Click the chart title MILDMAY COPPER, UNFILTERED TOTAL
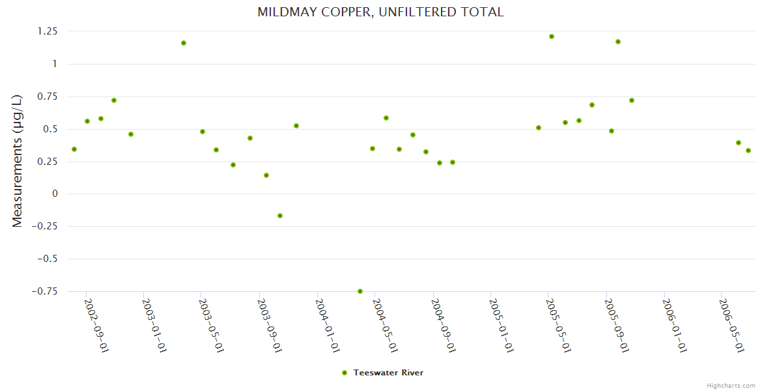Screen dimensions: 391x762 coord(380,12)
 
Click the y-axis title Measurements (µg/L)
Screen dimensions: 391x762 coord(18,160)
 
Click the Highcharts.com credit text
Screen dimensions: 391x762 coord(731,385)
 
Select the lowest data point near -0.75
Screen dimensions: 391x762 coord(360,291)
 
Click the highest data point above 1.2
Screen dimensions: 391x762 coord(552,36)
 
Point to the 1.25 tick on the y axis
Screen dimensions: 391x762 coord(47,31)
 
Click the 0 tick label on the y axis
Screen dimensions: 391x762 coord(55,194)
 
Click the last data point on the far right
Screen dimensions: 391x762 coord(748,151)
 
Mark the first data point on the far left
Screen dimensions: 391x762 coord(74,149)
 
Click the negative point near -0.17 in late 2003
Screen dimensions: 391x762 coord(280,216)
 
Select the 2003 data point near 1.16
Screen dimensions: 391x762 coord(184,43)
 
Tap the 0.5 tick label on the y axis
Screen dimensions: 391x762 coord(50,129)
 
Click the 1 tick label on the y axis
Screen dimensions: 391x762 coord(55,64)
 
